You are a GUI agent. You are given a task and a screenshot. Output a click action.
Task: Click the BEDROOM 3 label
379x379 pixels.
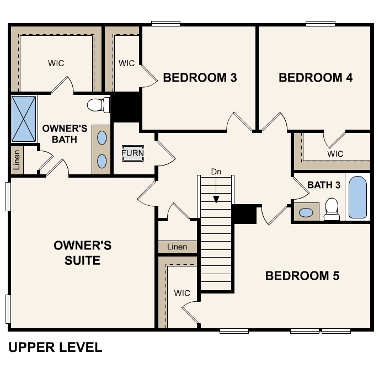click(200, 78)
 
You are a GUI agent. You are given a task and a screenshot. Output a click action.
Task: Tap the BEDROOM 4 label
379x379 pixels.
click(316, 78)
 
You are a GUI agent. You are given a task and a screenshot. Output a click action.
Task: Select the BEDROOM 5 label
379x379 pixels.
click(302, 276)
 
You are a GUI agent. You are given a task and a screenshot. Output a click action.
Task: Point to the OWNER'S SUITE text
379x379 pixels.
click(82, 253)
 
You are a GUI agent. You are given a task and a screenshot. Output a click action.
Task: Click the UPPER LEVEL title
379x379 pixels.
click(55, 348)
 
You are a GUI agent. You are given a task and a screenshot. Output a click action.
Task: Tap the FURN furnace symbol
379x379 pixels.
click(133, 153)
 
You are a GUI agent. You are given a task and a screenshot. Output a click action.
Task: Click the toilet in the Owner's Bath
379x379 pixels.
click(98, 105)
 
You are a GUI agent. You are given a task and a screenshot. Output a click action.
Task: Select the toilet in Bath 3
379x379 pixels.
click(332, 209)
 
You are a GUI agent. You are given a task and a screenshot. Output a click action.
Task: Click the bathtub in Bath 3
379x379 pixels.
click(357, 197)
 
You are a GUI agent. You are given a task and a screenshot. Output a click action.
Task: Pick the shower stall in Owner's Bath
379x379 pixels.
click(24, 119)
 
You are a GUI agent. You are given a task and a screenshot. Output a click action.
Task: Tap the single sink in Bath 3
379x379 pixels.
click(306, 213)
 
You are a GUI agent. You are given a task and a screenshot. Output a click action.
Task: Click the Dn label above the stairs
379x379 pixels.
click(216, 172)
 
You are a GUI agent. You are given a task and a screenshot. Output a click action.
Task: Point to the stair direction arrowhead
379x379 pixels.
click(216, 199)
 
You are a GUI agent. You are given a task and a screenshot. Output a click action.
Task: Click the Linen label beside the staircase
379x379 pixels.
click(177, 247)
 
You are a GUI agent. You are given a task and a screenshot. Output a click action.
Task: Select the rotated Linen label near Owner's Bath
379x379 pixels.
click(17, 160)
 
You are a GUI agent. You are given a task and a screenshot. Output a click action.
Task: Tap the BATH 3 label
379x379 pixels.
click(324, 185)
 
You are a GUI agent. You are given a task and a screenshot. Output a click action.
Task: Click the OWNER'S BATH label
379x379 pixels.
click(65, 134)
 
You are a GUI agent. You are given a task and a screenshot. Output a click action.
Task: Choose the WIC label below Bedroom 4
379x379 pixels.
click(335, 154)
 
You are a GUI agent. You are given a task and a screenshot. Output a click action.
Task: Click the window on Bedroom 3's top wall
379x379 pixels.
click(166, 23)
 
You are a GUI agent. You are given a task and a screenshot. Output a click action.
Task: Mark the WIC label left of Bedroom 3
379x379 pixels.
click(126, 63)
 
